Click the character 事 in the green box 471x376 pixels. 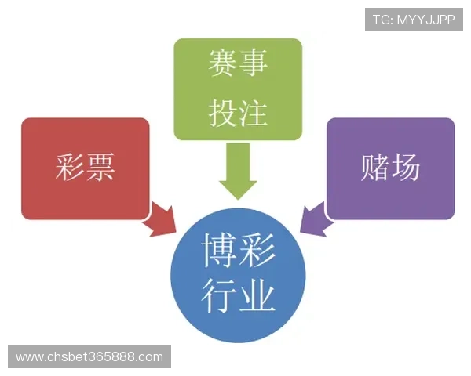254,62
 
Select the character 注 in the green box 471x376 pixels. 254,113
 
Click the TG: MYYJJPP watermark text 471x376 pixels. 414,19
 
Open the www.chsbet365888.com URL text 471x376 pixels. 89,357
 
